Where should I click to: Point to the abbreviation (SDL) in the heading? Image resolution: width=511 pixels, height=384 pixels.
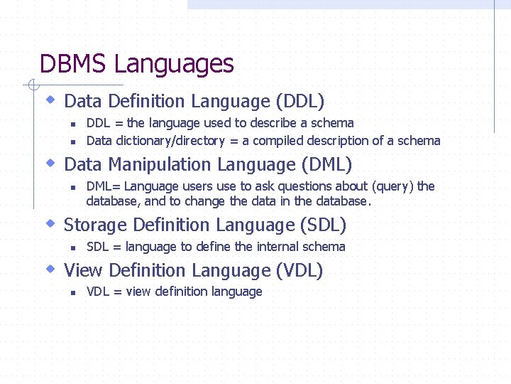[x=323, y=225]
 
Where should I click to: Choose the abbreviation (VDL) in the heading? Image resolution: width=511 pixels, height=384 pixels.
[x=300, y=271]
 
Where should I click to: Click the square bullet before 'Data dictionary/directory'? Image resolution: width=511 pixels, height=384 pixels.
[x=73, y=142]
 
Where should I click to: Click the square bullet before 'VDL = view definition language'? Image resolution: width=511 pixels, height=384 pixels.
[x=73, y=292]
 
